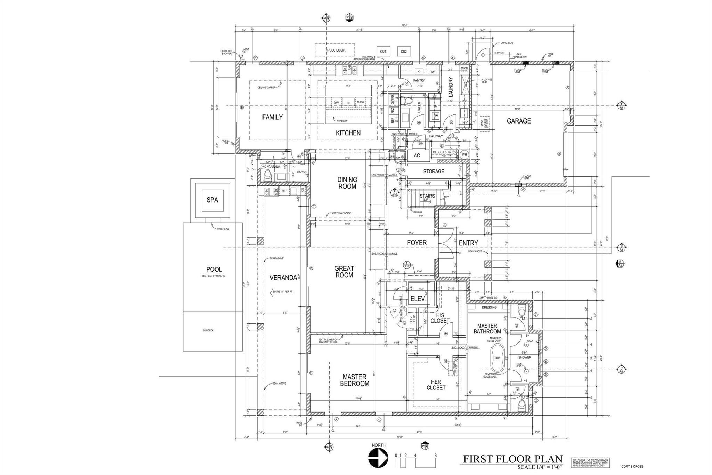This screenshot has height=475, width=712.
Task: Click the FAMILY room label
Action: click(x=272, y=118)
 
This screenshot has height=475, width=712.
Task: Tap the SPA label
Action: click(x=212, y=200)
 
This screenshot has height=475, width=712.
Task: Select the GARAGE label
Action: click(x=519, y=121)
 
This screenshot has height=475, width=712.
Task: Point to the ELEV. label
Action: click(x=418, y=299)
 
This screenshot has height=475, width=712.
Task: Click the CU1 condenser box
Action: click(x=383, y=52)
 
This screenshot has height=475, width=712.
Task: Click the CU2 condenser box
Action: click(x=404, y=52)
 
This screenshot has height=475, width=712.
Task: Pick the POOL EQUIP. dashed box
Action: click(x=335, y=50)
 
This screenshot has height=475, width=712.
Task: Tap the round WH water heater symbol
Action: click(x=464, y=154)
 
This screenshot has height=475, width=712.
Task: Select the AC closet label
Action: click(x=417, y=155)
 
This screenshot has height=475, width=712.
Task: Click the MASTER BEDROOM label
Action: click(x=354, y=380)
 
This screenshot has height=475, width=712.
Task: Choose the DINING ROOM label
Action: click(x=347, y=183)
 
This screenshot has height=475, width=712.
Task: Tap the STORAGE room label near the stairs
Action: click(x=434, y=171)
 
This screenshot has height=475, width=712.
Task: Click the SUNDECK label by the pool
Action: click(x=208, y=330)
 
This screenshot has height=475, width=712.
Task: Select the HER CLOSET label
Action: click(x=436, y=385)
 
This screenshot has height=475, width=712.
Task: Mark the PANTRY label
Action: click(x=419, y=80)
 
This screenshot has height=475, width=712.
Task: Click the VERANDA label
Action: click(x=283, y=278)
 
